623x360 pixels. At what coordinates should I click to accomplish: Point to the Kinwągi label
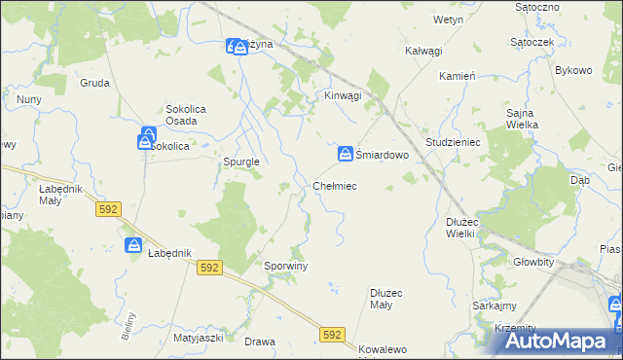pos(343,95)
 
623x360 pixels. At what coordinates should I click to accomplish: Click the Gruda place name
pos(94,83)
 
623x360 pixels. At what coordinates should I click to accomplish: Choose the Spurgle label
pos(240,162)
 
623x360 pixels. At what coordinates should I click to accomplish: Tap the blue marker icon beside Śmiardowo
pos(346,154)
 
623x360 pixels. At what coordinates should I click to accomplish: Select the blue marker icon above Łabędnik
pos(134,245)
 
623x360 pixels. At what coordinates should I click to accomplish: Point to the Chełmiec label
pos(335,185)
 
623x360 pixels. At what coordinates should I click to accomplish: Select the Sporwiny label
pos(286,265)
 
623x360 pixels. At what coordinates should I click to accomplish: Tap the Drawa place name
pos(260,342)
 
